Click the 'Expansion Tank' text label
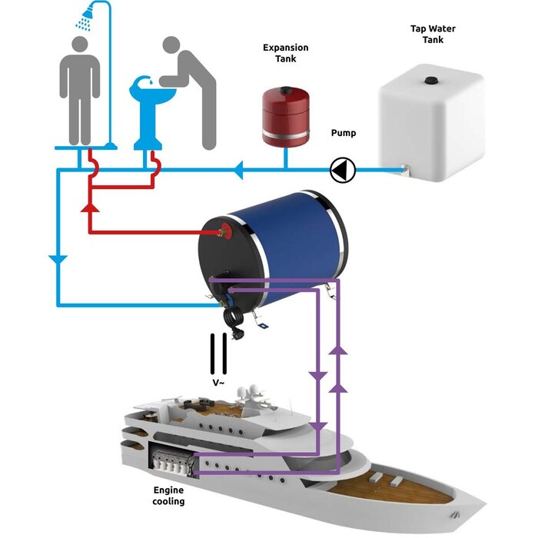tap(285, 52)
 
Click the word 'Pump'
tap(343, 133)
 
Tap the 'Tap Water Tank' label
tap(427, 34)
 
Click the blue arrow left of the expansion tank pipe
tap(239, 168)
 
